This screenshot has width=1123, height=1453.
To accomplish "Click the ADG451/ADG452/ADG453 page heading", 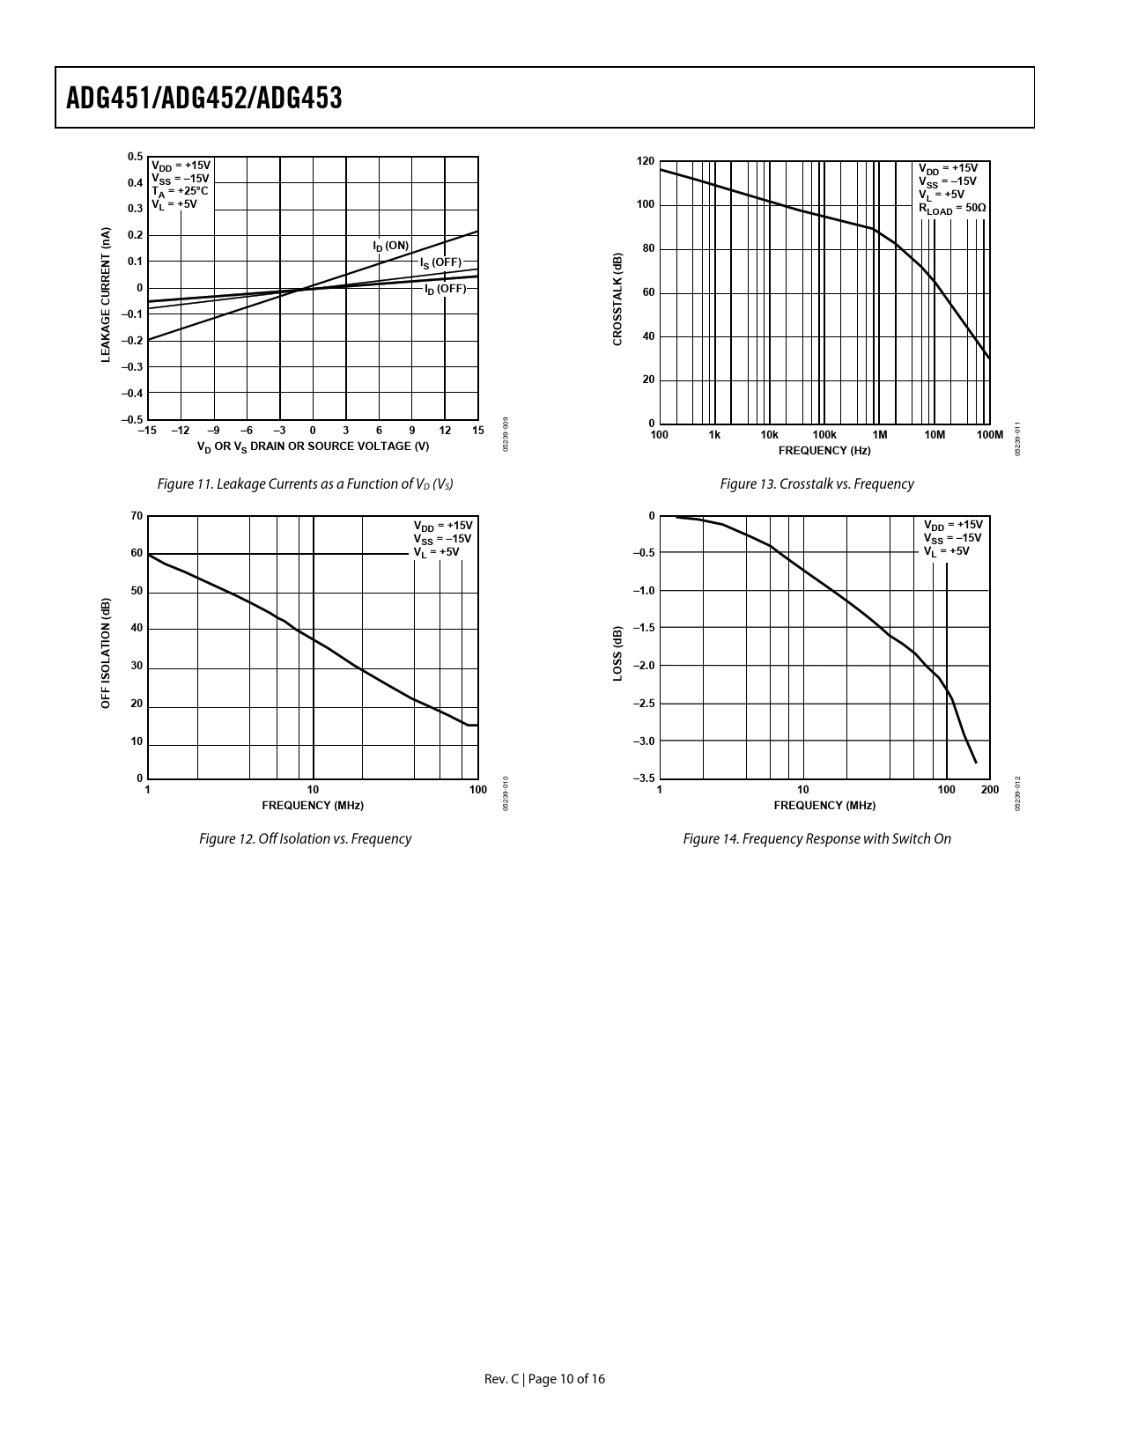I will [x=204, y=99].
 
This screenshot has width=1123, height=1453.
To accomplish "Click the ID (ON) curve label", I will [x=391, y=246].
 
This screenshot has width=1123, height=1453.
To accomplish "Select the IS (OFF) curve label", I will [x=440, y=262].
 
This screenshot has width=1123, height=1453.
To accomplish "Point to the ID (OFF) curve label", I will [x=445, y=289].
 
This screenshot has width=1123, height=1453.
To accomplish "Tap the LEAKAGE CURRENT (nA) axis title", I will [x=105, y=295].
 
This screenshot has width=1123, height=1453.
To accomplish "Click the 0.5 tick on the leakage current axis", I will [x=135, y=157].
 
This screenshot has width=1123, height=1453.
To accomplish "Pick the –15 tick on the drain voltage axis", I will [x=147, y=431].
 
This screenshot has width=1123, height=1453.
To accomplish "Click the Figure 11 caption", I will [x=305, y=484].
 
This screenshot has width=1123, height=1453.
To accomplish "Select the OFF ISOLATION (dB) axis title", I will [x=105, y=653].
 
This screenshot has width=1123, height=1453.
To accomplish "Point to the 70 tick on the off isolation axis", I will [x=137, y=516].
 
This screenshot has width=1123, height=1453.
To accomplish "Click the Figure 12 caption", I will [x=305, y=839].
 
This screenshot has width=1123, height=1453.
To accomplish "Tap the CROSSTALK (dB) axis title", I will [x=617, y=299].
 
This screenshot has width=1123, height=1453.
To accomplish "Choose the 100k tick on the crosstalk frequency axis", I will [x=824, y=435].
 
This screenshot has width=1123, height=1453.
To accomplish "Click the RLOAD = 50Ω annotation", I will [x=952, y=209].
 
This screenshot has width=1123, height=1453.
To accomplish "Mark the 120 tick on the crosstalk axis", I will [x=646, y=161].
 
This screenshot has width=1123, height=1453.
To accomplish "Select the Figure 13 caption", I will [x=816, y=484].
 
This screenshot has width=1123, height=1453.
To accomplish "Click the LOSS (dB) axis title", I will [x=617, y=653].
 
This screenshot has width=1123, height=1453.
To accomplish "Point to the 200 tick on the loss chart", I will [x=990, y=790].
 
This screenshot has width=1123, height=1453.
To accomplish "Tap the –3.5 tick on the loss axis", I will [x=643, y=778].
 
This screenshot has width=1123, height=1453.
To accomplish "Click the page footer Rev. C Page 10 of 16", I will [x=544, y=1379].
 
